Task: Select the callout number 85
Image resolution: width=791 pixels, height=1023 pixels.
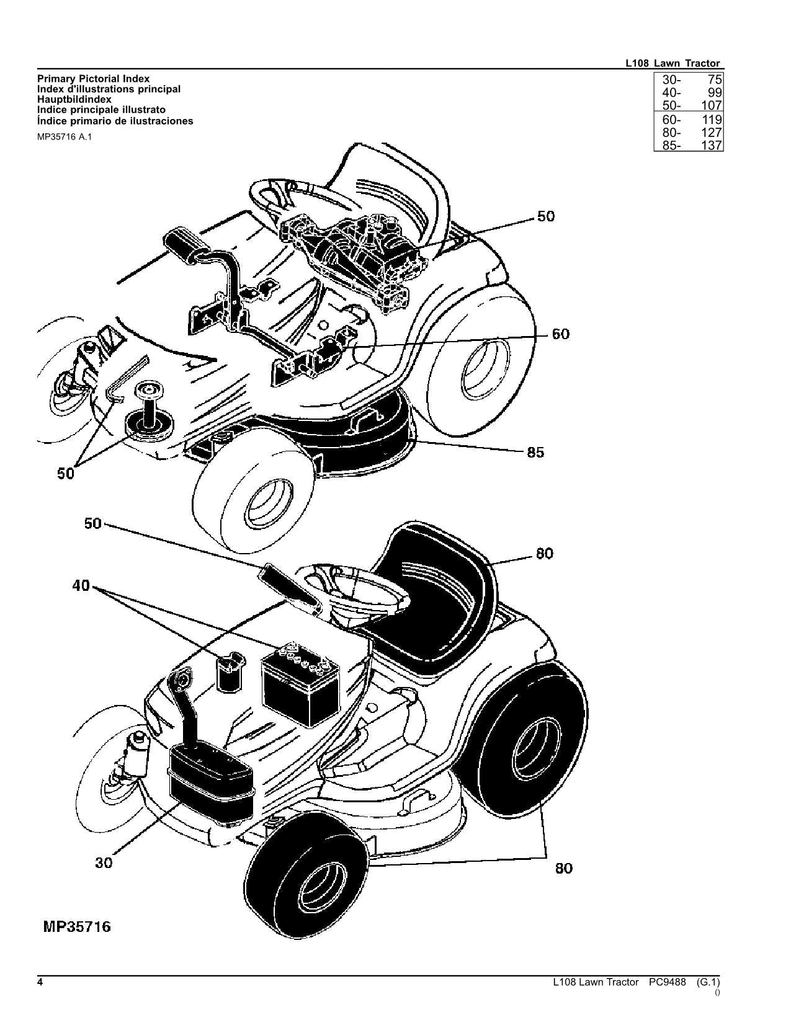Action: (x=535, y=453)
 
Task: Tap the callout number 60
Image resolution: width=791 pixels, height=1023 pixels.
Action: (x=560, y=334)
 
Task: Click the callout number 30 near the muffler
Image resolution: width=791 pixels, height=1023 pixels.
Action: (x=104, y=862)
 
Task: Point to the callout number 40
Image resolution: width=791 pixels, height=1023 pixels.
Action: (x=81, y=585)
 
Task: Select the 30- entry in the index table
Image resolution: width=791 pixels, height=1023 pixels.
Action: (x=671, y=80)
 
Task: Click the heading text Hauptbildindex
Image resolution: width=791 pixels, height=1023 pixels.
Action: (x=74, y=99)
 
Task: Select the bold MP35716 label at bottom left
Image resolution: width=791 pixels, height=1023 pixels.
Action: (x=77, y=927)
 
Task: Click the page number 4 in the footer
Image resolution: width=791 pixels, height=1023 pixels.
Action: (x=40, y=982)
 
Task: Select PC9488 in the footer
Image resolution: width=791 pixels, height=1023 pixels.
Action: (x=668, y=982)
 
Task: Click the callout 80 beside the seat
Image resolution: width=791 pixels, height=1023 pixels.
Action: (x=544, y=553)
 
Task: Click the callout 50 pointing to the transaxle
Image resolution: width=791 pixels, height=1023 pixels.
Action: (x=546, y=216)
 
